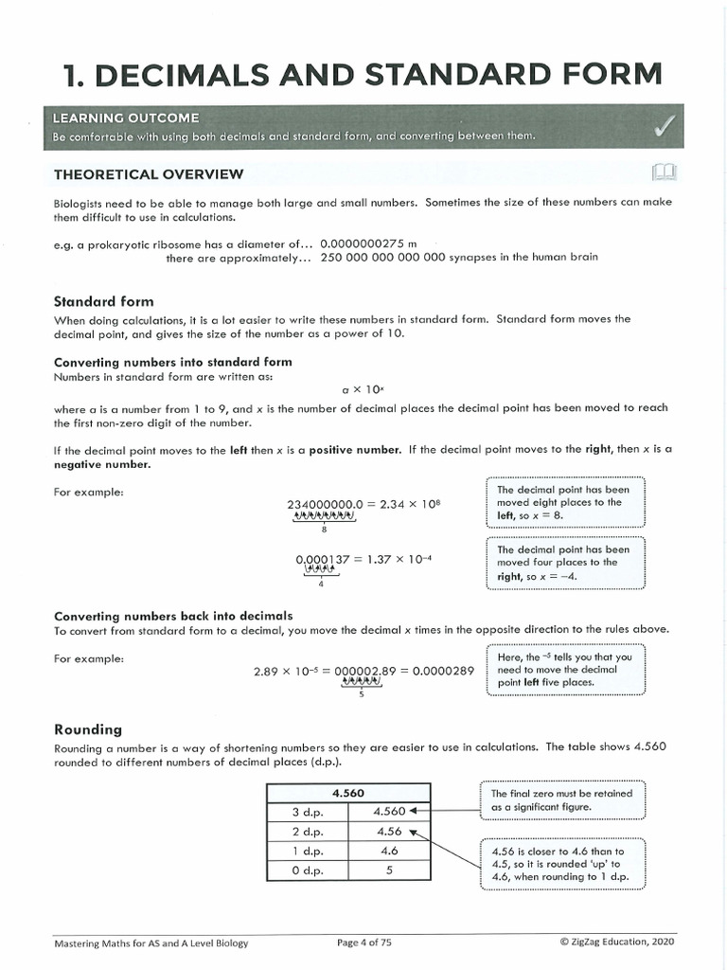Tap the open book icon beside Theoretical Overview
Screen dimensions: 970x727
[x=665, y=172]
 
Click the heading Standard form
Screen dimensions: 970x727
[x=104, y=301]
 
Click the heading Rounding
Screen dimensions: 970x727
[x=88, y=728]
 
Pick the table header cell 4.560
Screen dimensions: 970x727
[x=348, y=793]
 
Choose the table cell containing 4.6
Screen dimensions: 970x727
[x=389, y=851]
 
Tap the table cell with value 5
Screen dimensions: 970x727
[x=389, y=870]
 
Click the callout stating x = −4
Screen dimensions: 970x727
[x=564, y=563]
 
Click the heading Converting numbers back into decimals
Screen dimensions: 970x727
[x=173, y=615]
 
